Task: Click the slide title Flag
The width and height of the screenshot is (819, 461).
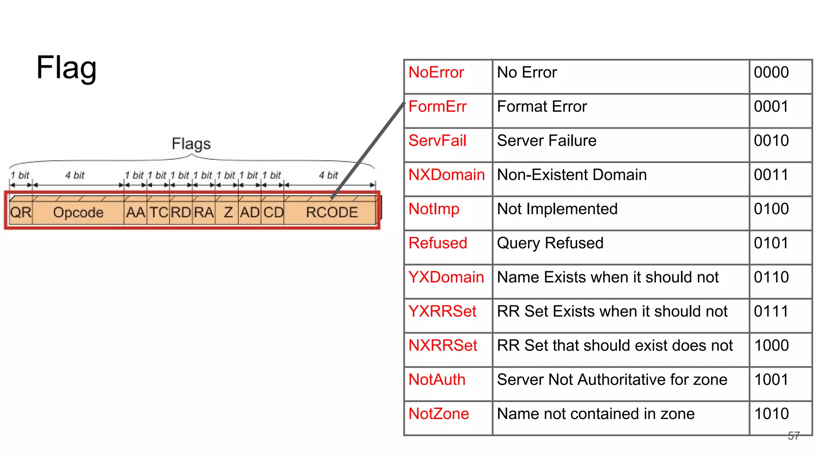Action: click(66, 68)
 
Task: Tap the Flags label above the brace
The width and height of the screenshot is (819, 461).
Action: click(191, 144)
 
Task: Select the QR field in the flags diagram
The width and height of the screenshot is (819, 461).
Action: click(21, 212)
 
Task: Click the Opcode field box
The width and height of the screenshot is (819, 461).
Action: click(78, 212)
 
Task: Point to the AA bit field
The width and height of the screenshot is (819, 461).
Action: click(136, 212)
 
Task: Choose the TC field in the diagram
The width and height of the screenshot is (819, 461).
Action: click(159, 212)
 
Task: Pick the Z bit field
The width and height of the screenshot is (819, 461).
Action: click(228, 212)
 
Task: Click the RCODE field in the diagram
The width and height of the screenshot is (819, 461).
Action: click(332, 212)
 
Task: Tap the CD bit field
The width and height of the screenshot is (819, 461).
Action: click(273, 212)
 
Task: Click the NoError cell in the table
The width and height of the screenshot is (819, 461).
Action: click(436, 72)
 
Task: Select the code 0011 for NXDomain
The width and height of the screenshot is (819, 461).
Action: click(771, 175)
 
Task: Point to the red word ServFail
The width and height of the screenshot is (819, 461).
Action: click(437, 141)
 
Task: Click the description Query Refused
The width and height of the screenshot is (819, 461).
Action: click(550, 243)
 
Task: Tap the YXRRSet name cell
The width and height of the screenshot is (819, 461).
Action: click(442, 311)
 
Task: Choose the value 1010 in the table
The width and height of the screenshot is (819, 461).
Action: click(771, 414)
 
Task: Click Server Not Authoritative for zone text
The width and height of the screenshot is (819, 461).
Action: click(612, 380)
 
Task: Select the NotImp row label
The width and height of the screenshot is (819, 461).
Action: click(434, 209)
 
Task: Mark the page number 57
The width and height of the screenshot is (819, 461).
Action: click(793, 436)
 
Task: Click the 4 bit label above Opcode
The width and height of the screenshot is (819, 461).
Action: click(75, 175)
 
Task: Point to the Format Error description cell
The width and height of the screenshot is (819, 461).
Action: click(542, 107)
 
